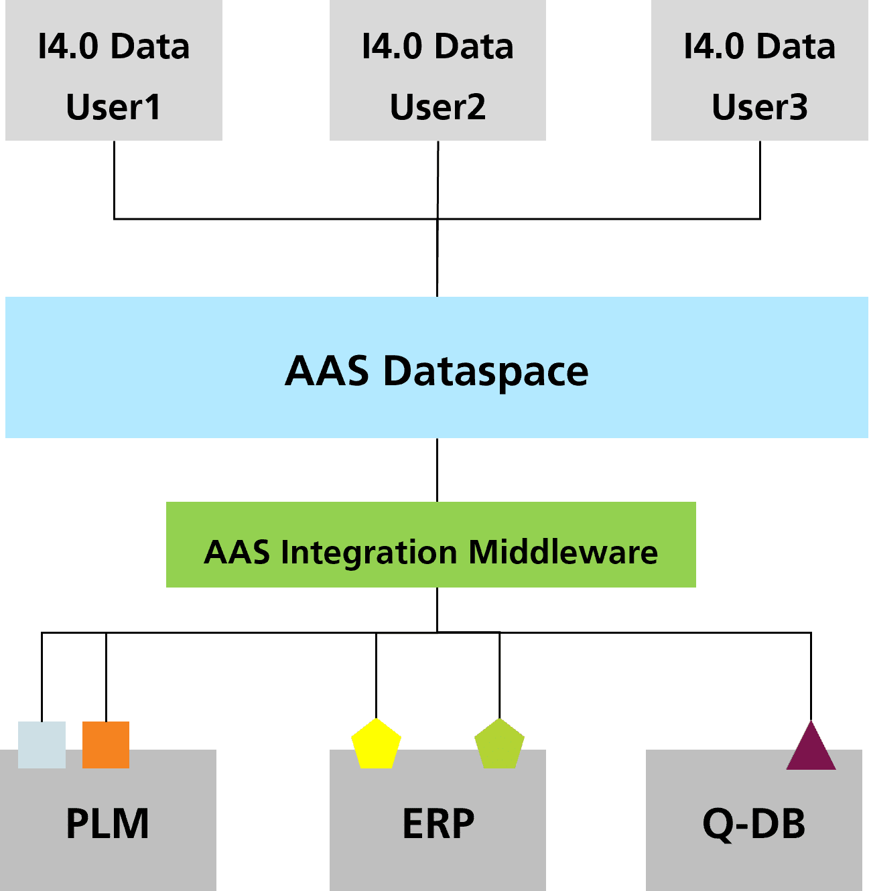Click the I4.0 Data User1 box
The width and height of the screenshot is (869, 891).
tap(113, 70)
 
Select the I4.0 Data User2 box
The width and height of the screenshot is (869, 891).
tap(438, 70)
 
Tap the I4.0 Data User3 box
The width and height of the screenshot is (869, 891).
tap(759, 70)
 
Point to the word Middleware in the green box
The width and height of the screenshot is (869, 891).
tap(563, 552)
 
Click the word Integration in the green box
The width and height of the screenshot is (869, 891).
tap(369, 553)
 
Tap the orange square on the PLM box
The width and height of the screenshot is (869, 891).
tap(106, 744)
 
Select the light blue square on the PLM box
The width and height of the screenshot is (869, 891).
tap(42, 744)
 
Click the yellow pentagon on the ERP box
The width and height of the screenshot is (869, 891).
tap(376, 745)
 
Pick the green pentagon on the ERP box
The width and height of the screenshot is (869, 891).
tap(499, 745)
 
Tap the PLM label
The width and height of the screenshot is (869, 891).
tap(107, 824)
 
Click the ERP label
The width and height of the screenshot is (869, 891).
tap(438, 824)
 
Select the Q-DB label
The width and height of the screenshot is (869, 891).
tap(754, 824)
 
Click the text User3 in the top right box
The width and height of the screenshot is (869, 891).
tap(759, 107)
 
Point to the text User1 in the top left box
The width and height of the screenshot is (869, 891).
tap(113, 107)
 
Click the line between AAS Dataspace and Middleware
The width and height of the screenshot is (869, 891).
tap(437, 470)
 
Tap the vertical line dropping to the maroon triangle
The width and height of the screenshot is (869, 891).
tap(811, 677)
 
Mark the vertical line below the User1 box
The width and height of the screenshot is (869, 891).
tap(114, 179)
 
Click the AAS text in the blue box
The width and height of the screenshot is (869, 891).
tap(326, 371)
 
